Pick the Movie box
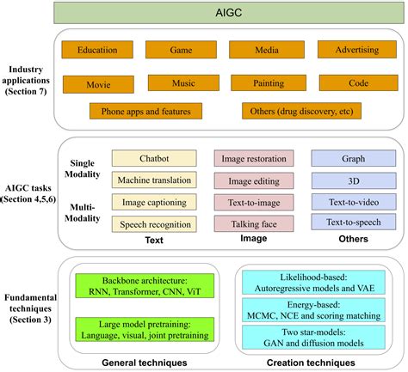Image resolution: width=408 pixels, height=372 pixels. (99, 84)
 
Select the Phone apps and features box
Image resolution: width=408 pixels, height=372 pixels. (145, 111)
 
